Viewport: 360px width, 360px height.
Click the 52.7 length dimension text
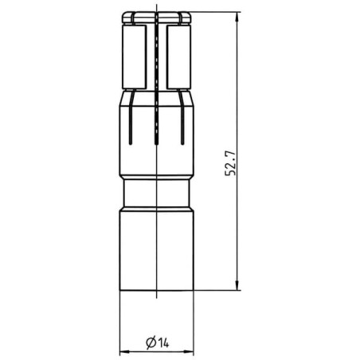(x=230, y=163)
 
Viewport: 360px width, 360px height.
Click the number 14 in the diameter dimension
(x=163, y=342)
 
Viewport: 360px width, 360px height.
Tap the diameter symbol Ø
(x=151, y=342)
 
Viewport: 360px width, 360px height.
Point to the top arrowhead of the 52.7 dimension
(x=237, y=17)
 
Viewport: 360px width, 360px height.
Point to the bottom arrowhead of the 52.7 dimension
(x=237, y=285)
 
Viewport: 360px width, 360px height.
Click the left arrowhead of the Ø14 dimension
(x=124, y=352)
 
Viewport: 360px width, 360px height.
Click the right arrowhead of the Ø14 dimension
(x=189, y=352)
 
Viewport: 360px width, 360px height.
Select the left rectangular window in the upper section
(x=134, y=57)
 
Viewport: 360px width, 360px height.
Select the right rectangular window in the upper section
(x=178, y=57)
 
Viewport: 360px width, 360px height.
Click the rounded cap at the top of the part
(x=156, y=18)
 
